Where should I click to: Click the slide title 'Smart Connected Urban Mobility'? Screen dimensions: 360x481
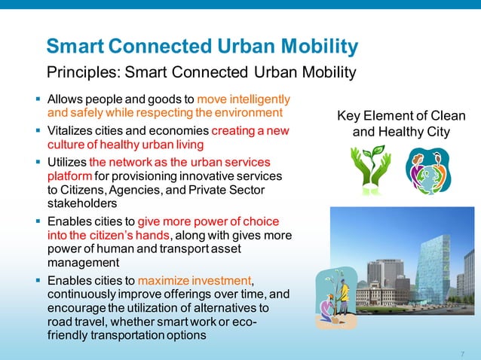pos(201,47)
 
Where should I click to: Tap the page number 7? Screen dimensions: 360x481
pos(461,353)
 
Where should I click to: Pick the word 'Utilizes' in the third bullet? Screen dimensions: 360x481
pos(67,162)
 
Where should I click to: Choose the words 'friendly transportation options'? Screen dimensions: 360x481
pos(126,335)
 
